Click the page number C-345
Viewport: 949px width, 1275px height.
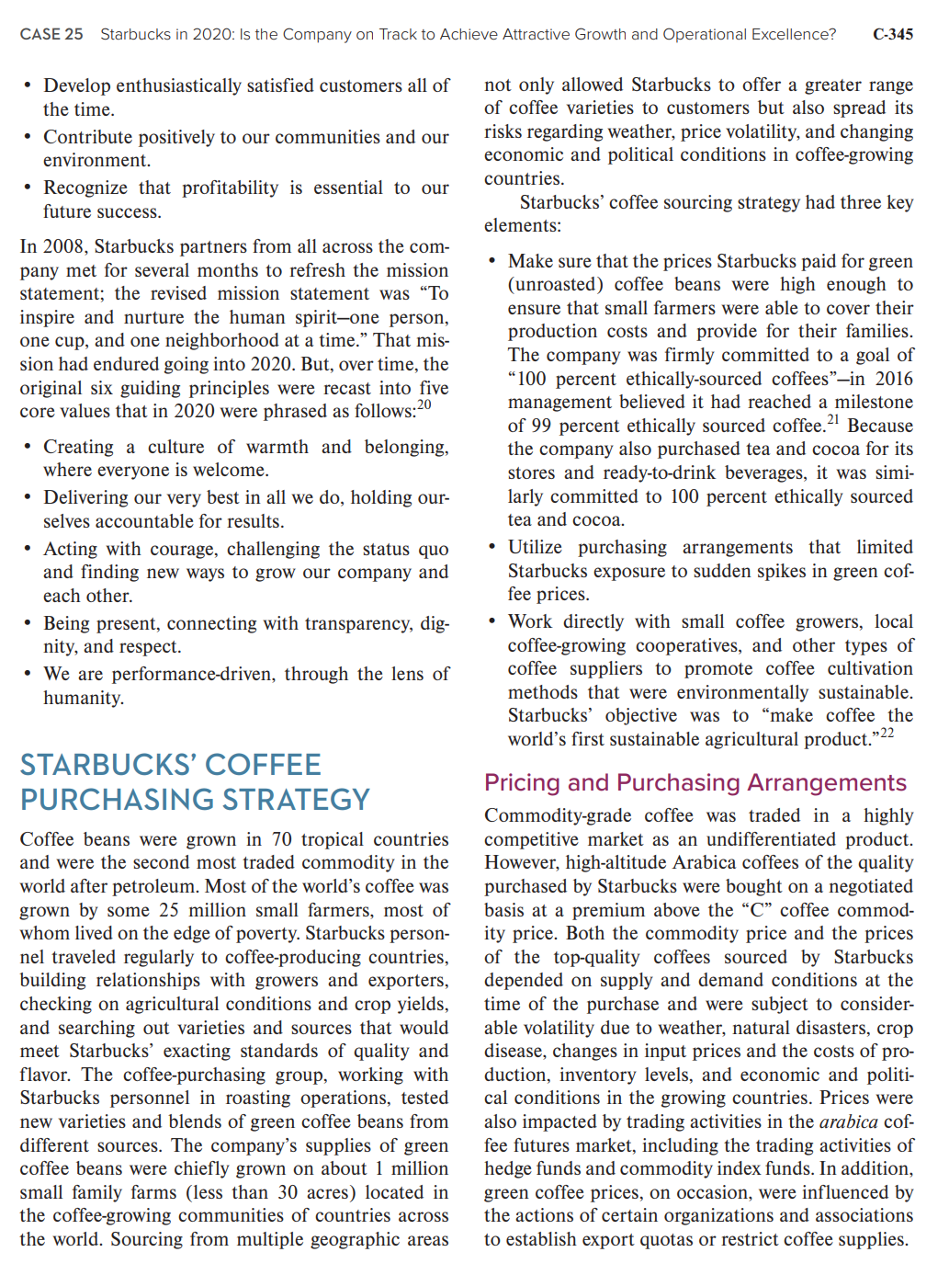point(892,34)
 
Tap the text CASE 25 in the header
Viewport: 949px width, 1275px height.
point(51,34)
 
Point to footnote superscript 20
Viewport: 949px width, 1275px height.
point(424,405)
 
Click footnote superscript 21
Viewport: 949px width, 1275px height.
point(833,420)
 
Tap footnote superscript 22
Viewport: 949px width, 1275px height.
point(887,734)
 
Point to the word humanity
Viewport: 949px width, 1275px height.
point(83,698)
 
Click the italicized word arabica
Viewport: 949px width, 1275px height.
point(848,1121)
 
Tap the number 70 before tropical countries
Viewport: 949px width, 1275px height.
point(281,839)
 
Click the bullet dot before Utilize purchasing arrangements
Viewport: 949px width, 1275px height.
point(492,548)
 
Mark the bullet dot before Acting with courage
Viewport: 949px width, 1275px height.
point(28,550)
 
